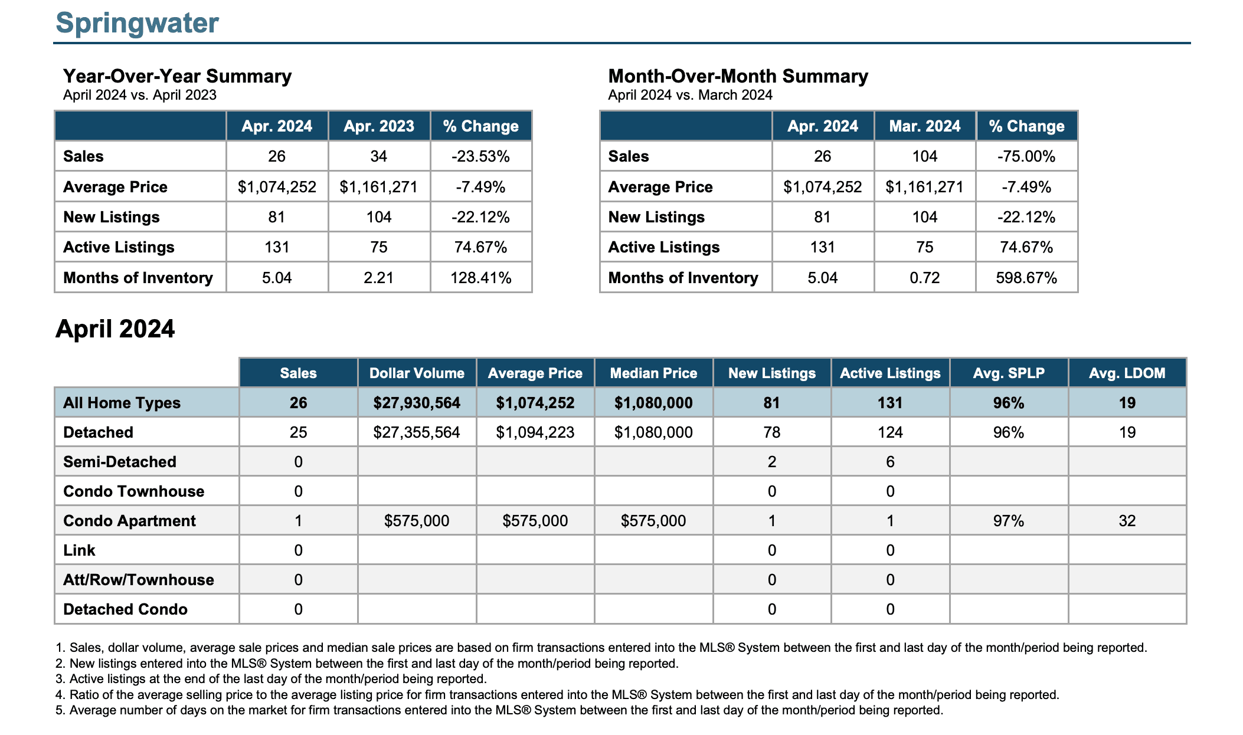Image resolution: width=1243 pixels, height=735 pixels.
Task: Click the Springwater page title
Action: pos(137,24)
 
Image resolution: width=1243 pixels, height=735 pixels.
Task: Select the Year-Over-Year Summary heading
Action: pos(177,76)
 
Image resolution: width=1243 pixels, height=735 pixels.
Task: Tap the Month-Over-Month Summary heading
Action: pos(738,76)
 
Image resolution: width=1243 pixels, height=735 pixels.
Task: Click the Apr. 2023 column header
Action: pos(379,126)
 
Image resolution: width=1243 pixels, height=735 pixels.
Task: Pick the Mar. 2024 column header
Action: pos(925,126)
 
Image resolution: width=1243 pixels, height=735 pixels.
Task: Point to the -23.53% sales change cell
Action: pos(480,156)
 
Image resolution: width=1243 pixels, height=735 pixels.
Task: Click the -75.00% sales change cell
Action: pos(1026,156)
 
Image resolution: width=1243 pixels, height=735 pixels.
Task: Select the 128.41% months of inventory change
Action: pos(481,278)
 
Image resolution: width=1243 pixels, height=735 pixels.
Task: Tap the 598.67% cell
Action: pos(1026,278)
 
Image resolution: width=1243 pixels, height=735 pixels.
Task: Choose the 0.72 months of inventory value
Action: pos(925,278)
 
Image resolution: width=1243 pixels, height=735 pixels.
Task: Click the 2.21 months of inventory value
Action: pos(379,278)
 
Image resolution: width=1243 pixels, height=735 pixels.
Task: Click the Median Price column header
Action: pos(653,373)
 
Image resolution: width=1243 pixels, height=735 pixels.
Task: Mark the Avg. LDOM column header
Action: pos(1127,373)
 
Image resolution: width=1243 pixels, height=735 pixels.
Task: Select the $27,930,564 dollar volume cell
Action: pos(417,403)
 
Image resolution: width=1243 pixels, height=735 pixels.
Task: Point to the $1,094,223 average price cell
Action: pos(535,432)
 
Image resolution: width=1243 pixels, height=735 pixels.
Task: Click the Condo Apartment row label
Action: pos(129,521)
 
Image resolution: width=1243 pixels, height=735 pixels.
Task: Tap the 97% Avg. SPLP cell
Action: pos(1009,521)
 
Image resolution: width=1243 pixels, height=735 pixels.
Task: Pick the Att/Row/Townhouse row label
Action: pos(139,580)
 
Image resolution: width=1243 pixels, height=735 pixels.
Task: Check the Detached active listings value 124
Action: pos(890,432)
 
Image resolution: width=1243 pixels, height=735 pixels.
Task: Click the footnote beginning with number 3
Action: pos(271,679)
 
